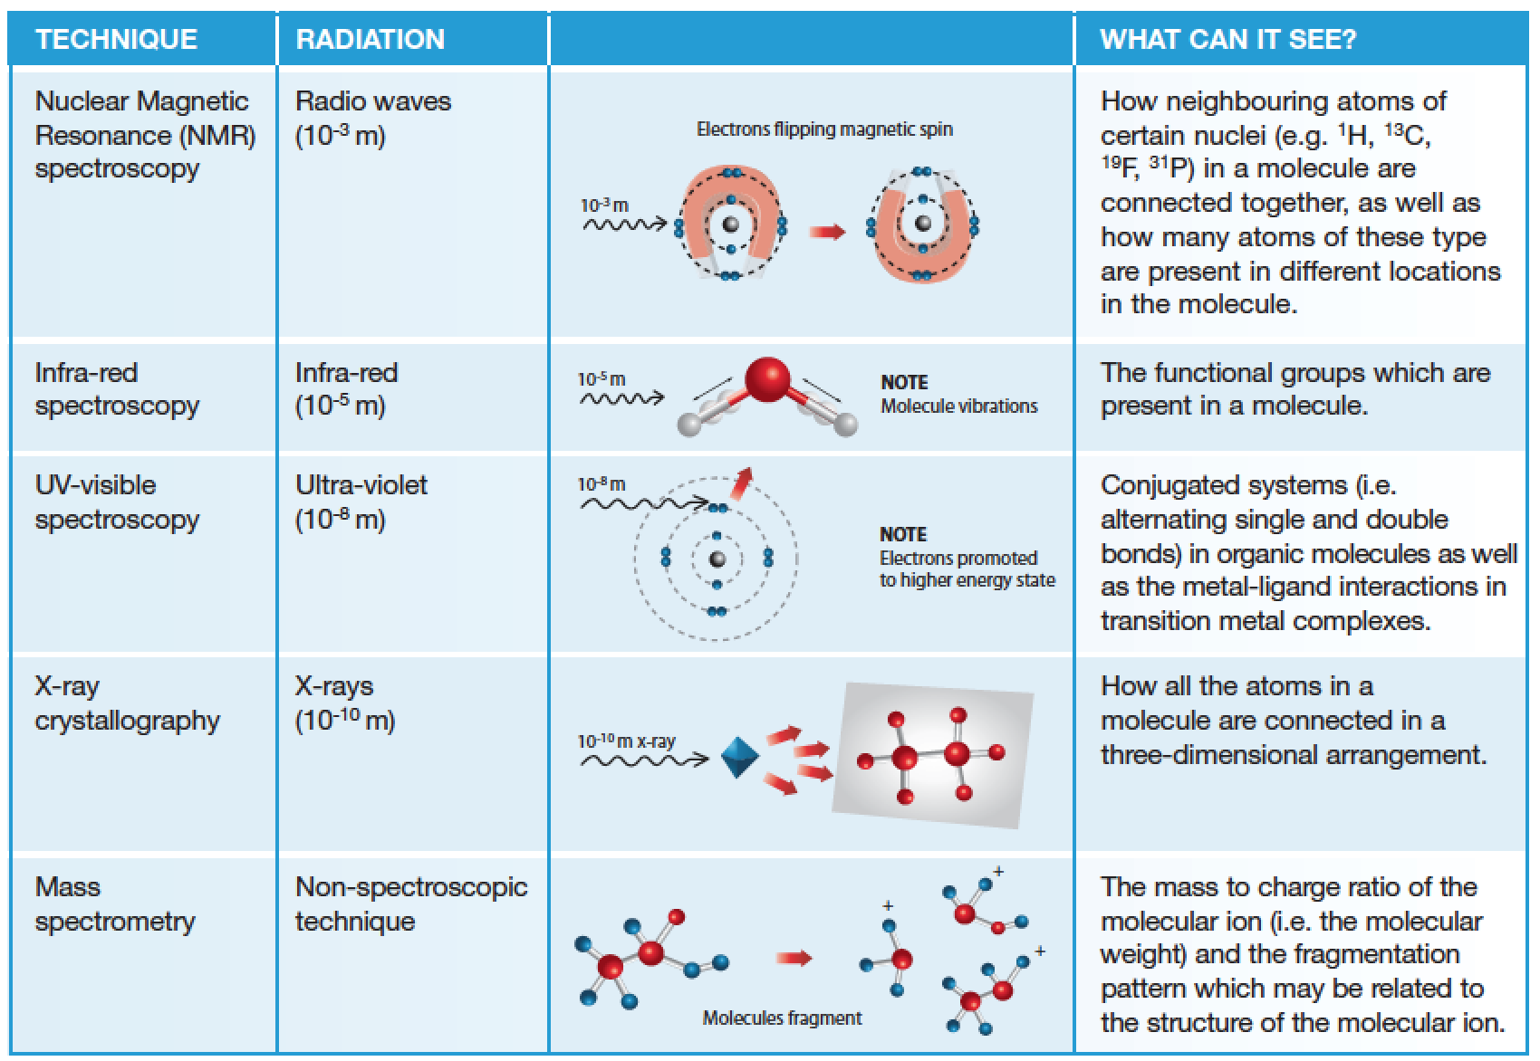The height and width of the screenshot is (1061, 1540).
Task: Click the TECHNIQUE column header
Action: pyautogui.click(x=116, y=39)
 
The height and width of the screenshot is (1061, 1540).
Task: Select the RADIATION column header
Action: pyautogui.click(x=370, y=39)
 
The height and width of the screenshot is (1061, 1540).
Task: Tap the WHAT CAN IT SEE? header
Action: pyautogui.click(x=1227, y=39)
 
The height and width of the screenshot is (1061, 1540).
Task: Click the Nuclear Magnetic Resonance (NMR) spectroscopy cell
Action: pyautogui.click(x=145, y=134)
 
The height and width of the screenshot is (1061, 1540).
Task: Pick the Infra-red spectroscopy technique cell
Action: pyautogui.click(x=117, y=388)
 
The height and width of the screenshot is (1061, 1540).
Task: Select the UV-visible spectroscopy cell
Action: pyautogui.click(x=117, y=502)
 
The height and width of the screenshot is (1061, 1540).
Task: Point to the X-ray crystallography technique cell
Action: pyautogui.click(x=127, y=703)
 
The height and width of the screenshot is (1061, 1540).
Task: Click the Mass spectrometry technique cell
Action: pyautogui.click(x=115, y=903)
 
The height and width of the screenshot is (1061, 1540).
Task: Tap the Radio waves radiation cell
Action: pyautogui.click(x=373, y=118)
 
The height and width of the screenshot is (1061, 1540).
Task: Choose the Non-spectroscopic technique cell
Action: pyautogui.click(x=411, y=903)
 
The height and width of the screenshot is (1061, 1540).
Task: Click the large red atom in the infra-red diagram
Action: pyautogui.click(x=766, y=380)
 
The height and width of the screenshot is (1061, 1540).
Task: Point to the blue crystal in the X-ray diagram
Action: pyautogui.click(x=739, y=757)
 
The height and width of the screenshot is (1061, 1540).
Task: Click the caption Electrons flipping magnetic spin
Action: pyautogui.click(x=824, y=129)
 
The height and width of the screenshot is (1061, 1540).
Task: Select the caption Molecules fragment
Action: pyautogui.click(x=782, y=1018)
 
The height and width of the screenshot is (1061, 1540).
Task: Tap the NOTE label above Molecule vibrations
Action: pyautogui.click(x=904, y=382)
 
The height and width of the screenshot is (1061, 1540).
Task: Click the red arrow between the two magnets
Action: pyautogui.click(x=826, y=233)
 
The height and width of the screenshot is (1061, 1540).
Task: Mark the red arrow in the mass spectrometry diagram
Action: pyautogui.click(x=794, y=958)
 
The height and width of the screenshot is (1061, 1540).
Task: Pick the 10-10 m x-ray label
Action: pyautogui.click(x=627, y=741)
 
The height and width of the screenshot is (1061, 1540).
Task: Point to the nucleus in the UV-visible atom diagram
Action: pyautogui.click(x=717, y=559)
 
